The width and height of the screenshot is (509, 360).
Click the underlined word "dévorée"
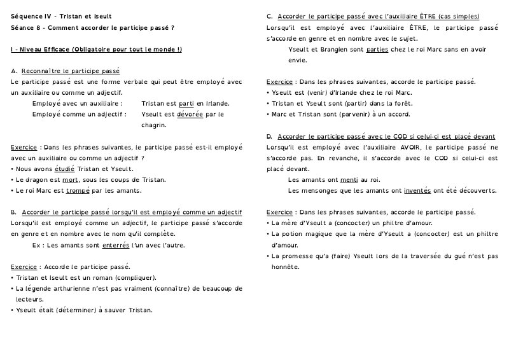pos(192,114)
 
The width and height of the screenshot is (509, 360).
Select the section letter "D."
pos(270,136)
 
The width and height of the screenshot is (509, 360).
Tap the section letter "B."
pos(14,212)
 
